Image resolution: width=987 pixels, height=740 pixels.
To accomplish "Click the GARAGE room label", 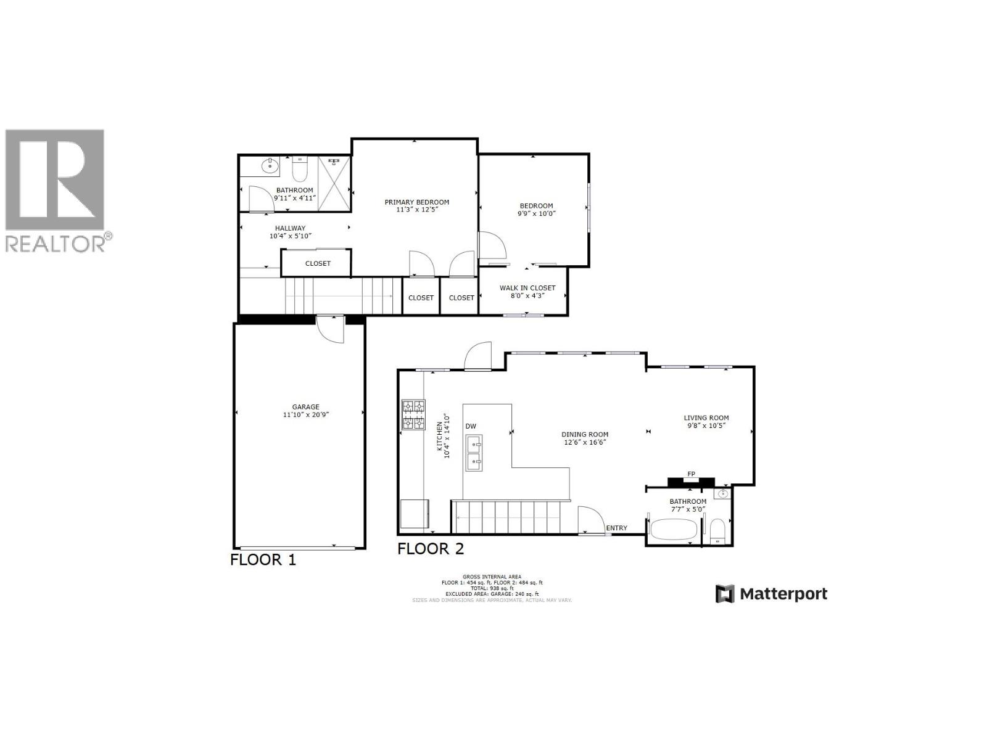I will [305, 407].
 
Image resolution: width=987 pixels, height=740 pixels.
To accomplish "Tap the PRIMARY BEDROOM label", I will [416, 202].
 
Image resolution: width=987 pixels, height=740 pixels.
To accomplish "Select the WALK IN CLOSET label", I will [527, 288].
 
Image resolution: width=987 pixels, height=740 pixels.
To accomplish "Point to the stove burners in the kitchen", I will [413, 414].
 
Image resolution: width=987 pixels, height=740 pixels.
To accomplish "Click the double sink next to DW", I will [474, 452].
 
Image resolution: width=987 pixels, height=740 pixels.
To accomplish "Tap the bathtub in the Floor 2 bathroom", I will [674, 529].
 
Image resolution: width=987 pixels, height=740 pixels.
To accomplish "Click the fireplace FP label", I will [691, 474].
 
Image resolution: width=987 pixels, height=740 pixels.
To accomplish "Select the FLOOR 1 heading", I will [263, 560].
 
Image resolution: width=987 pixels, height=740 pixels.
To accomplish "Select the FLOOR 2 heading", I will [430, 548].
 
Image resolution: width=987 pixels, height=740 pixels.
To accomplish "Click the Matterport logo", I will [771, 594].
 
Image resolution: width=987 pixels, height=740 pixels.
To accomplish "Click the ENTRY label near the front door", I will [616, 528].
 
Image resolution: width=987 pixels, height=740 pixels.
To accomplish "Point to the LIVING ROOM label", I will [706, 418].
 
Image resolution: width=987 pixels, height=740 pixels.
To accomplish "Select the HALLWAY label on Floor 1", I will [290, 228].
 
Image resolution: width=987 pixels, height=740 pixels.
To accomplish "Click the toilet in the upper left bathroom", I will [300, 169].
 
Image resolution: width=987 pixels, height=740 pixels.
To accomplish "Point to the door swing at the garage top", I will [330, 330].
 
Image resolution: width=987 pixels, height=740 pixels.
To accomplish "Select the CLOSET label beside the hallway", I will [318, 263].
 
